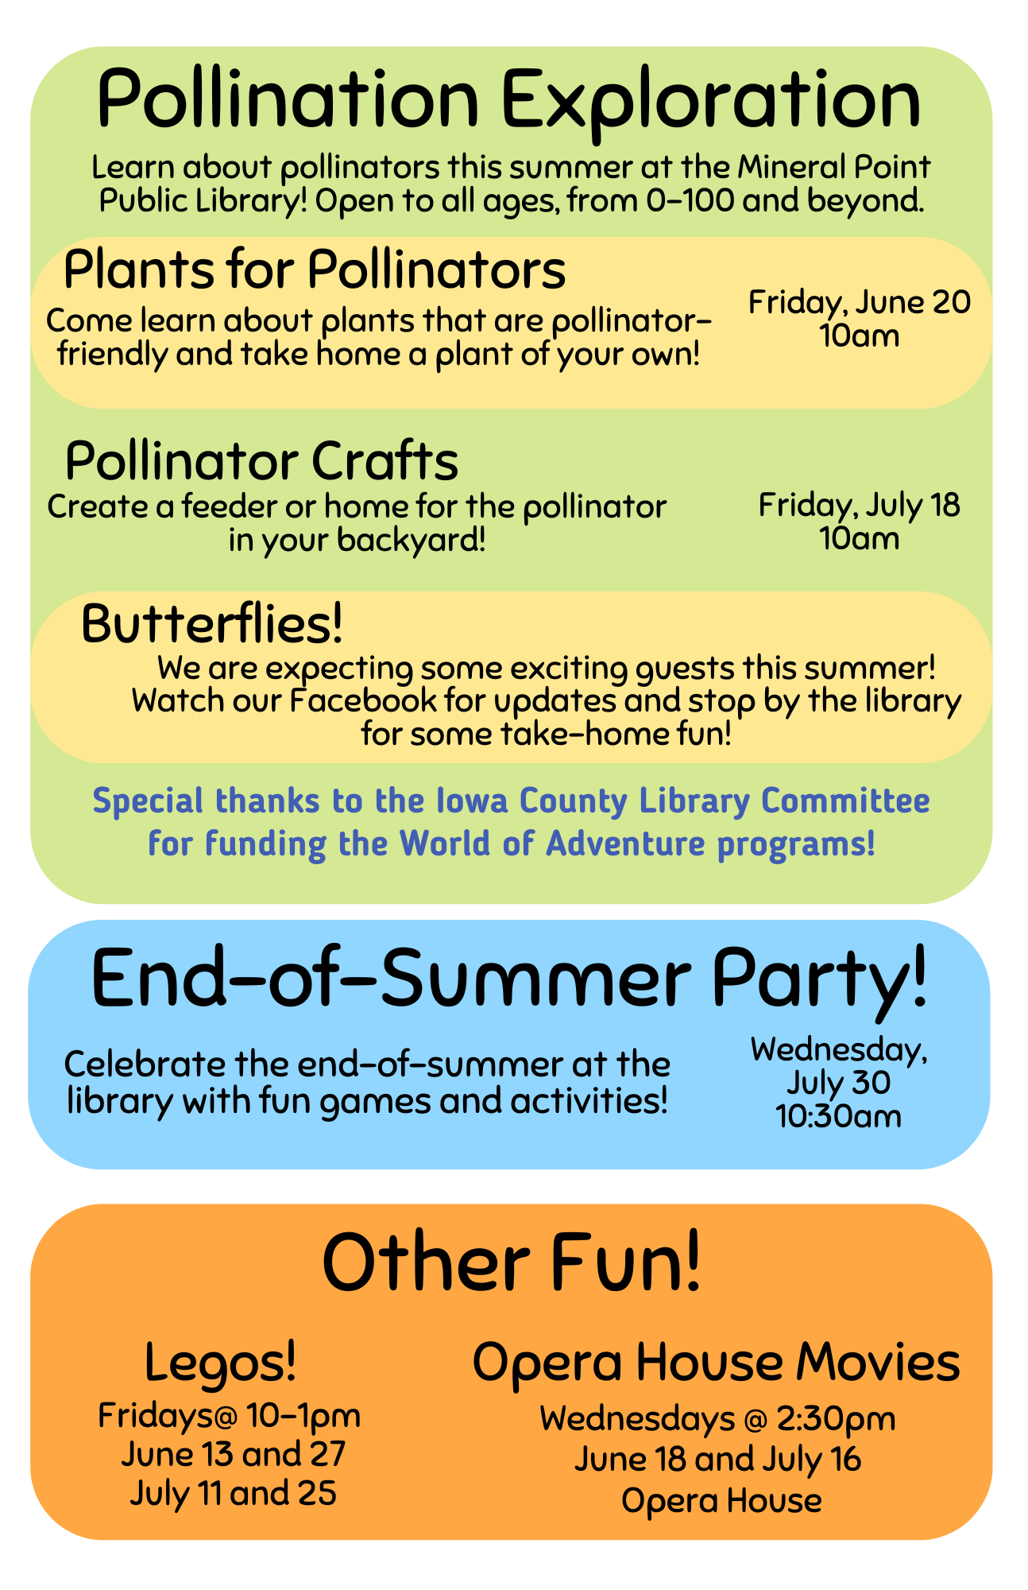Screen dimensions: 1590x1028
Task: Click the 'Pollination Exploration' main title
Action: pos(508,100)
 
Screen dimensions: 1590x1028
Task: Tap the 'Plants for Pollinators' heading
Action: pos(314,270)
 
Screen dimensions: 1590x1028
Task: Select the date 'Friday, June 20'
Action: pos(859,303)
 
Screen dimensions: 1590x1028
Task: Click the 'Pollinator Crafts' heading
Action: pos(261,461)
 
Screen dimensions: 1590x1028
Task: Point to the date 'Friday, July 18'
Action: pos(859,506)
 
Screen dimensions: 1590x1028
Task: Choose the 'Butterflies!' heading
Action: pos(212,624)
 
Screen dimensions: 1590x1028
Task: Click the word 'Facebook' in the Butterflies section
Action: pos(363,701)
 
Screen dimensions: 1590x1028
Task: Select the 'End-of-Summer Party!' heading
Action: pos(509,979)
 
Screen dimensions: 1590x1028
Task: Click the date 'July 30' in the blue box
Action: pos(839,1083)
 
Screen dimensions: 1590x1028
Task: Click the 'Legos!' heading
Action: pos(221,1362)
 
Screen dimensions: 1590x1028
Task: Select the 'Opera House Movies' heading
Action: pos(716,1362)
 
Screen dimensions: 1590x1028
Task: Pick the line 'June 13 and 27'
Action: pos(234,1454)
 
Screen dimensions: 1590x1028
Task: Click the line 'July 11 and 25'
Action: pos(234,1493)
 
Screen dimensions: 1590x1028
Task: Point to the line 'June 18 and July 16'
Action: pos(717,1460)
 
